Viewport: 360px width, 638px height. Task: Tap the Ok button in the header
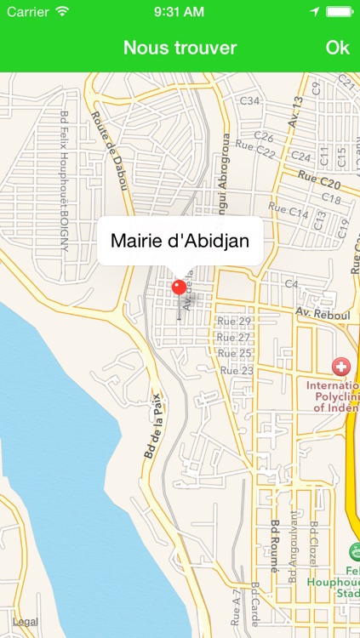(337, 48)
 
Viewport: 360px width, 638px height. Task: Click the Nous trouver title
(180, 48)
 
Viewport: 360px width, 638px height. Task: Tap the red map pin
(179, 287)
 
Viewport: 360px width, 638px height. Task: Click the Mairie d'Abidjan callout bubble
(180, 241)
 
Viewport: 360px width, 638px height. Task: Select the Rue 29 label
(234, 322)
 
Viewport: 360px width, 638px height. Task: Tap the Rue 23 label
(237, 370)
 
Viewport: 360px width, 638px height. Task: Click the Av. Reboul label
(323, 315)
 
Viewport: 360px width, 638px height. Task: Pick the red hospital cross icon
(340, 367)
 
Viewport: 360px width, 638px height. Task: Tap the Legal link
(25, 622)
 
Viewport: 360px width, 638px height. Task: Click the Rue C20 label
(319, 180)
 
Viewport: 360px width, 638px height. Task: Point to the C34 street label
(249, 100)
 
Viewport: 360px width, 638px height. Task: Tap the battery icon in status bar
(340, 12)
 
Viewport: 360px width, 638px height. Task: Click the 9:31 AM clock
(180, 12)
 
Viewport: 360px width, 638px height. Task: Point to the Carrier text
(28, 12)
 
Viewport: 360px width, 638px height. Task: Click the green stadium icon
(354, 550)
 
